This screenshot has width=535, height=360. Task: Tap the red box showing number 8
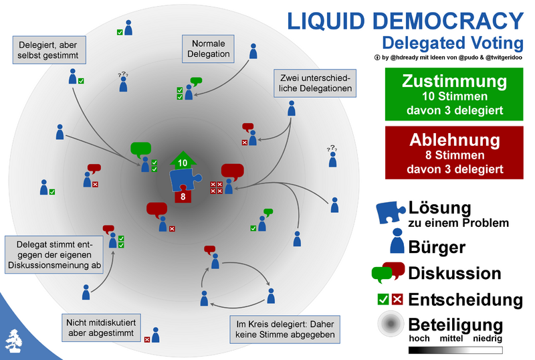tap(183, 197)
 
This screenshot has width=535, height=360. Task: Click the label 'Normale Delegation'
tap(207, 48)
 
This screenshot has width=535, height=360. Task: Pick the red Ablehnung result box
tap(454, 154)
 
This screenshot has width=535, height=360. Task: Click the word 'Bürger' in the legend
tap(437, 247)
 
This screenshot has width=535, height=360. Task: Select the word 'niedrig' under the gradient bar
tap(488, 339)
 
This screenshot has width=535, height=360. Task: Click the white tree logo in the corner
tap(13, 341)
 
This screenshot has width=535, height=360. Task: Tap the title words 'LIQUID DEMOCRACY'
tap(405, 20)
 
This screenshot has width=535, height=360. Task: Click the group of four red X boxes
tap(217, 188)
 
